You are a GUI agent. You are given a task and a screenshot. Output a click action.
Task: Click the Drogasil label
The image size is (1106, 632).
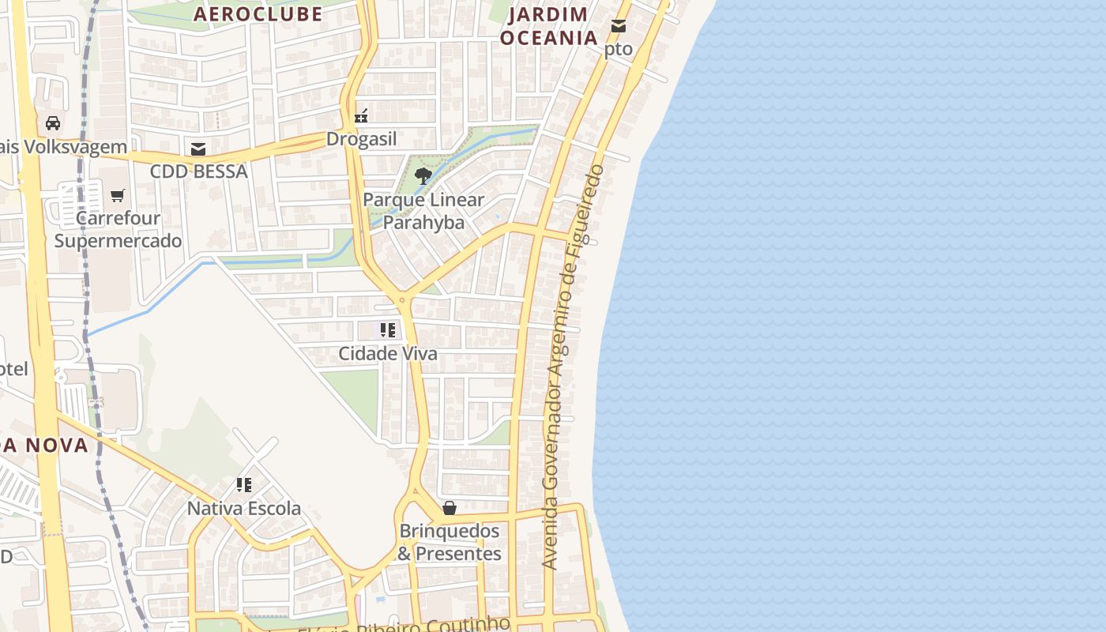point(362,139)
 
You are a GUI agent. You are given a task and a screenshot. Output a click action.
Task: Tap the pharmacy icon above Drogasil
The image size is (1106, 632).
point(361,116)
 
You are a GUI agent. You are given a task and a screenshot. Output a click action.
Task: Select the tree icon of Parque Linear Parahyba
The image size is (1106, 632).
point(423,175)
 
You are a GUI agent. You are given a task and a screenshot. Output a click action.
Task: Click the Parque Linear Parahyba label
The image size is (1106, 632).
point(423,211)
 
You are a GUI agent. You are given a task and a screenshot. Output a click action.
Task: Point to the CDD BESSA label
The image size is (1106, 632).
point(199,171)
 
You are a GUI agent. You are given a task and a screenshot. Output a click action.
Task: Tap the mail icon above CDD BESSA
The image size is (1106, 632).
point(198,149)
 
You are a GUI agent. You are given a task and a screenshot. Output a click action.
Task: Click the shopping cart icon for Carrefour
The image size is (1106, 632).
point(118,195)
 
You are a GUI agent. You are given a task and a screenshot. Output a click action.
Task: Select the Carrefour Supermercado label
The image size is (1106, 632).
point(118,229)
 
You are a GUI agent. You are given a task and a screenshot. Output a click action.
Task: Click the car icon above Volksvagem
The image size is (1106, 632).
point(53,123)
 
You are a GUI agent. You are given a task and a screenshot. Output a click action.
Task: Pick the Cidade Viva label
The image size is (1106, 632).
point(388,353)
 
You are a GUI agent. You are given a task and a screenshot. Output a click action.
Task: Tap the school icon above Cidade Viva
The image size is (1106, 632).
point(387,330)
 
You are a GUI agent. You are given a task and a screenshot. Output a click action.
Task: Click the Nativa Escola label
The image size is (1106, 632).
point(244,508)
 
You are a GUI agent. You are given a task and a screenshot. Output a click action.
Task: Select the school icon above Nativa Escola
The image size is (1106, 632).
point(244,484)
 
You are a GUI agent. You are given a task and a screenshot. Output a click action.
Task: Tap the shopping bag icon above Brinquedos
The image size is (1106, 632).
point(450,508)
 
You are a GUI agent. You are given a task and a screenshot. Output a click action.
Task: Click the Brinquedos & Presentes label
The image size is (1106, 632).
point(450,542)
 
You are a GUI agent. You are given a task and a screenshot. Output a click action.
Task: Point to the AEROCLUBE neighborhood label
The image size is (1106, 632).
point(258,13)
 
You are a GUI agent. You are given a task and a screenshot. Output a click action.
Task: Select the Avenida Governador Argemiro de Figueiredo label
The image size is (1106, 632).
point(574,367)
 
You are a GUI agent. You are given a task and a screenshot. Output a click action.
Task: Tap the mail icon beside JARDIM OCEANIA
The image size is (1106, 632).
point(619,26)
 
